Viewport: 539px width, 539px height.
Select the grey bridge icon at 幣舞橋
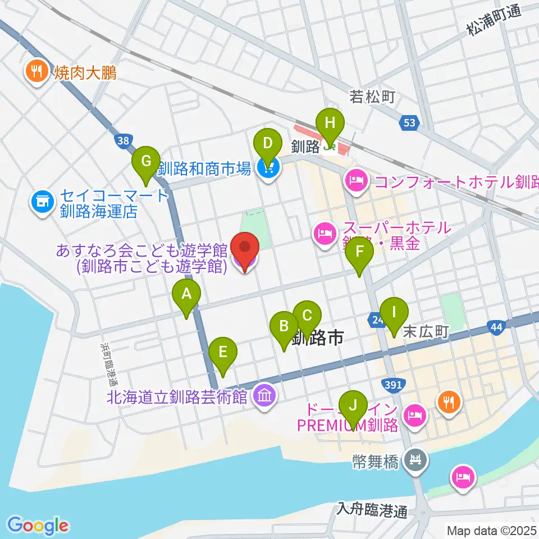coord(417,460)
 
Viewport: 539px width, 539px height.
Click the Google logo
coord(38,525)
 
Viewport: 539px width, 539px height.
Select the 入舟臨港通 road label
coord(372,510)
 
